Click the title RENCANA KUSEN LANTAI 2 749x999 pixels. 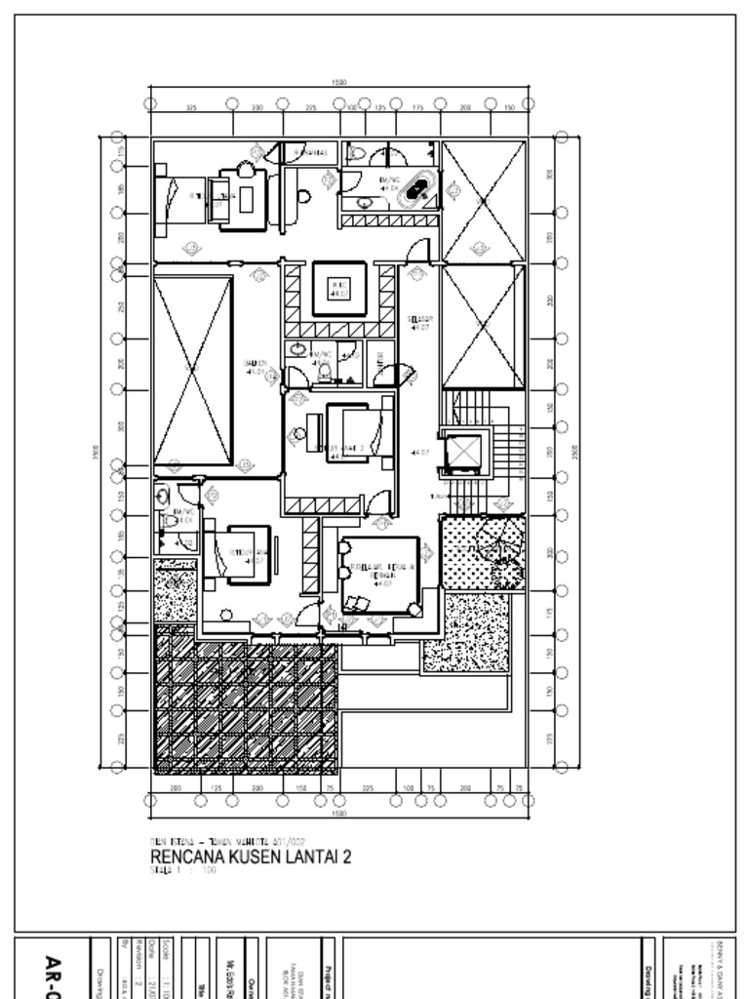(250, 857)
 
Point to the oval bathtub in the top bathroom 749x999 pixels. (420, 188)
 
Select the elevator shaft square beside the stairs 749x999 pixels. (462, 452)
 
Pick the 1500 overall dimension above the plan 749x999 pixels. (339, 83)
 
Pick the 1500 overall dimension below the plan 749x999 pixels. (339, 812)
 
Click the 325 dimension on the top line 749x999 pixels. (191, 108)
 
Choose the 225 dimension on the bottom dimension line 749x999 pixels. (368, 787)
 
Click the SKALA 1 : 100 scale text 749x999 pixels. (182, 870)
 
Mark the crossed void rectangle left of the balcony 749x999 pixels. (193, 371)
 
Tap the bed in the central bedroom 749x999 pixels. (354, 433)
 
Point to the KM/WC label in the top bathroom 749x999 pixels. (389, 181)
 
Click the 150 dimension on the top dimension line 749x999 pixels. (509, 108)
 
